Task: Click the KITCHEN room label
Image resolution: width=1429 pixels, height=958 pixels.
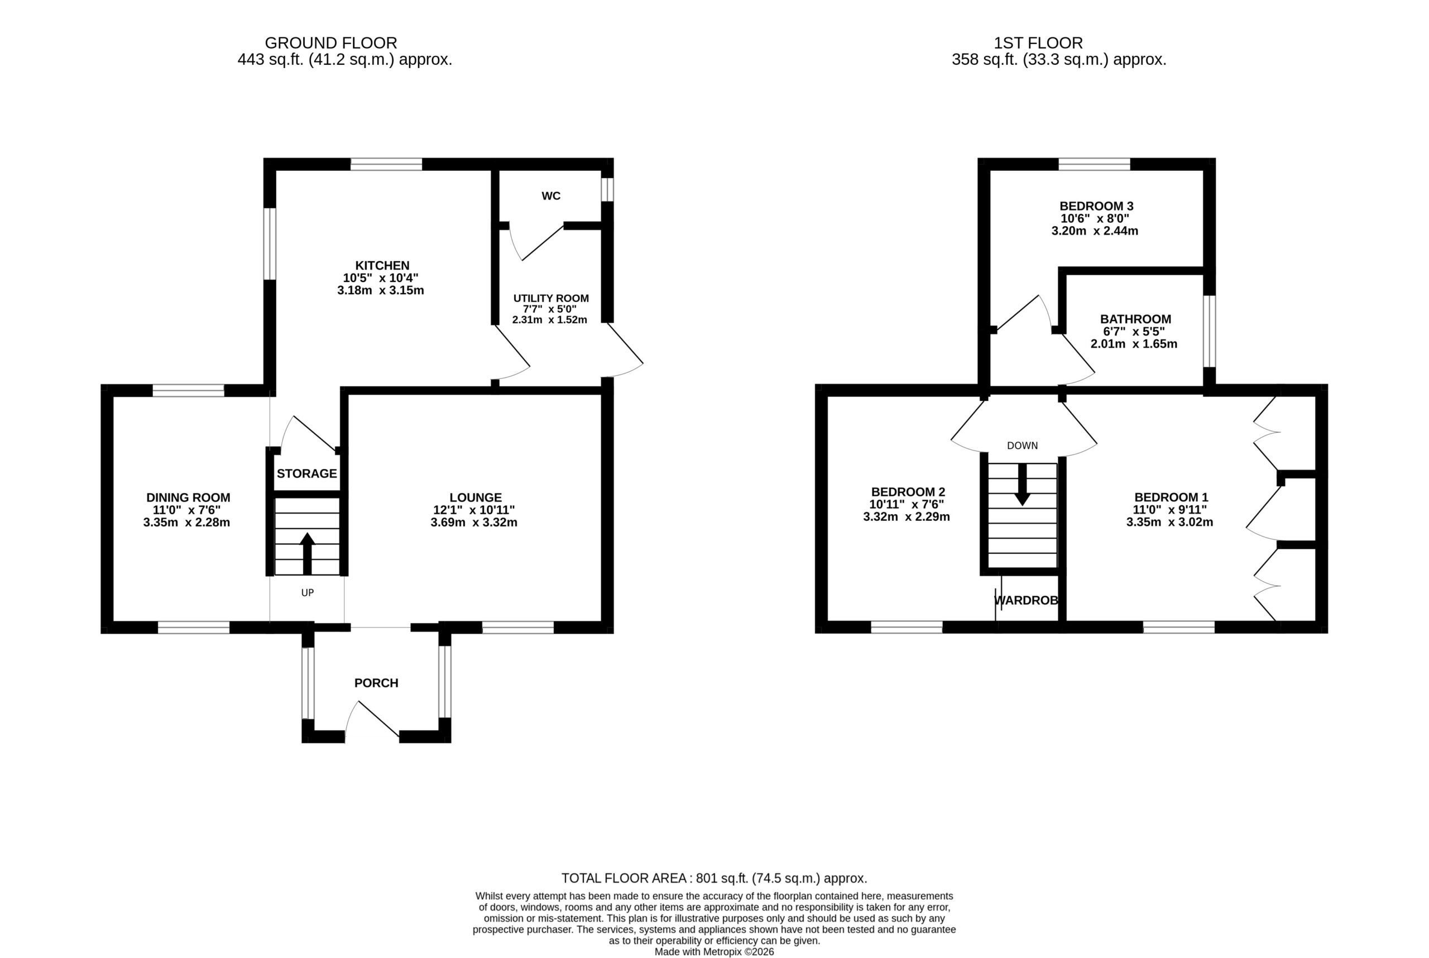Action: coord(382,266)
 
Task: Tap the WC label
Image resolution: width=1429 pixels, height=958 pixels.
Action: coord(550,196)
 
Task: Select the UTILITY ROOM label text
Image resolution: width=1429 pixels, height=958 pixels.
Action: coord(550,298)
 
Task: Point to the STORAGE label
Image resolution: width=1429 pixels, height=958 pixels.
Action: coord(306,473)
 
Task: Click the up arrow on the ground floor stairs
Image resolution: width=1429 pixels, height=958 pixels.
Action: coord(308,554)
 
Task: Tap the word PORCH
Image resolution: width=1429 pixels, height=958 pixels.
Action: coord(376,683)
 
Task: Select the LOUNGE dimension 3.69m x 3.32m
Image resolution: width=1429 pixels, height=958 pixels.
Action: coord(474,523)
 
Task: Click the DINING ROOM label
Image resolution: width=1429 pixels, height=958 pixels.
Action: coord(188,498)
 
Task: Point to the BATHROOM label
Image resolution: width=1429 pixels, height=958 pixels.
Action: coord(1136,319)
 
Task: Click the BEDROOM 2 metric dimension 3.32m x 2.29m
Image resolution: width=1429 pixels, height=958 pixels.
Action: coord(907,517)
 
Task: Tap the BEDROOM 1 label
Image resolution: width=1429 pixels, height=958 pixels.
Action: coord(1171,497)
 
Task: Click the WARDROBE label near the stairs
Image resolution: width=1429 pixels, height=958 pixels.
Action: coord(1027,601)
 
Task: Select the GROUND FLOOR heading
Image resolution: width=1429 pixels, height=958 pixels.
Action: coord(330,43)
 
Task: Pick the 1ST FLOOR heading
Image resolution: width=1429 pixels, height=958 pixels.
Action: coord(1038,43)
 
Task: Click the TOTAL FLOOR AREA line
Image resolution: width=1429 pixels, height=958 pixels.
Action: coord(714,879)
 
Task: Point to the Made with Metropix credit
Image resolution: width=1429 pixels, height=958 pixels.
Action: coord(714,952)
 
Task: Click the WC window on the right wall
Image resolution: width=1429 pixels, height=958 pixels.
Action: coord(607,189)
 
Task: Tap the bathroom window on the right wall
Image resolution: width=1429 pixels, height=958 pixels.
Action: coord(1209,331)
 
